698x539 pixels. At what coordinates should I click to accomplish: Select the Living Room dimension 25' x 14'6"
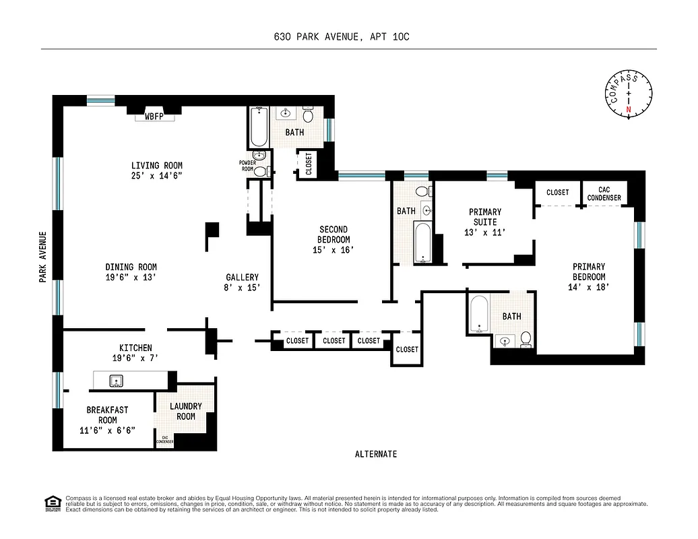coord(156,176)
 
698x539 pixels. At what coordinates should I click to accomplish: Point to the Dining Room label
coord(131,267)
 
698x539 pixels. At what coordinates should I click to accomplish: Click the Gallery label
coord(242,277)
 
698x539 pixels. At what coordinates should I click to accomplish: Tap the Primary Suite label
coord(485,217)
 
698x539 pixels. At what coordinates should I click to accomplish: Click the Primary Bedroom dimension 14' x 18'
coord(588,286)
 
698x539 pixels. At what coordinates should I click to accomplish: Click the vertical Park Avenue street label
coord(43,257)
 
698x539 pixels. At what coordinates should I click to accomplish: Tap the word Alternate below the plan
coord(375,454)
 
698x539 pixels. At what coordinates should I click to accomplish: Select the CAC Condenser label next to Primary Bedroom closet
coord(604,195)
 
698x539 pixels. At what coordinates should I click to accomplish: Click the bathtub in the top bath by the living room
coord(259,129)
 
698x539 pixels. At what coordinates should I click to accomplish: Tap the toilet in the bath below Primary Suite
coord(526,339)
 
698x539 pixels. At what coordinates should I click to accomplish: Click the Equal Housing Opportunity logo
coord(51,503)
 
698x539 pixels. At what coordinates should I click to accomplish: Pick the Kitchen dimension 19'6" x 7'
coord(135,358)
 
